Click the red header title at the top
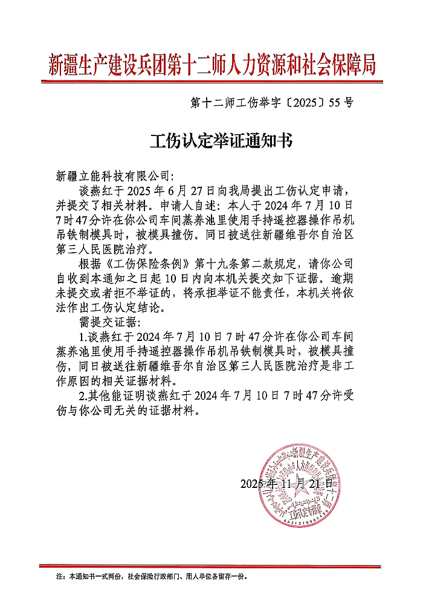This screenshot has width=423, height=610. pyautogui.click(x=211, y=63)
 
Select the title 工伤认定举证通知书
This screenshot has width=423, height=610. pyautogui.click(x=221, y=141)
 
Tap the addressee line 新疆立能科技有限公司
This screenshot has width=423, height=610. pyautogui.click(x=113, y=177)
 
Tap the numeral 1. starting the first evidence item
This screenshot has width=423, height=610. pyautogui.click(x=83, y=336)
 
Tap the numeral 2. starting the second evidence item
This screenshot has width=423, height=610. pyautogui.click(x=83, y=397)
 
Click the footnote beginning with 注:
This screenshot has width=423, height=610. pyautogui.click(x=151, y=576)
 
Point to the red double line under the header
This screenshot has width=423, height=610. pyautogui.click(x=211, y=80)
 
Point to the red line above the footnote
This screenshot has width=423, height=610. pyautogui.click(x=211, y=566)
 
